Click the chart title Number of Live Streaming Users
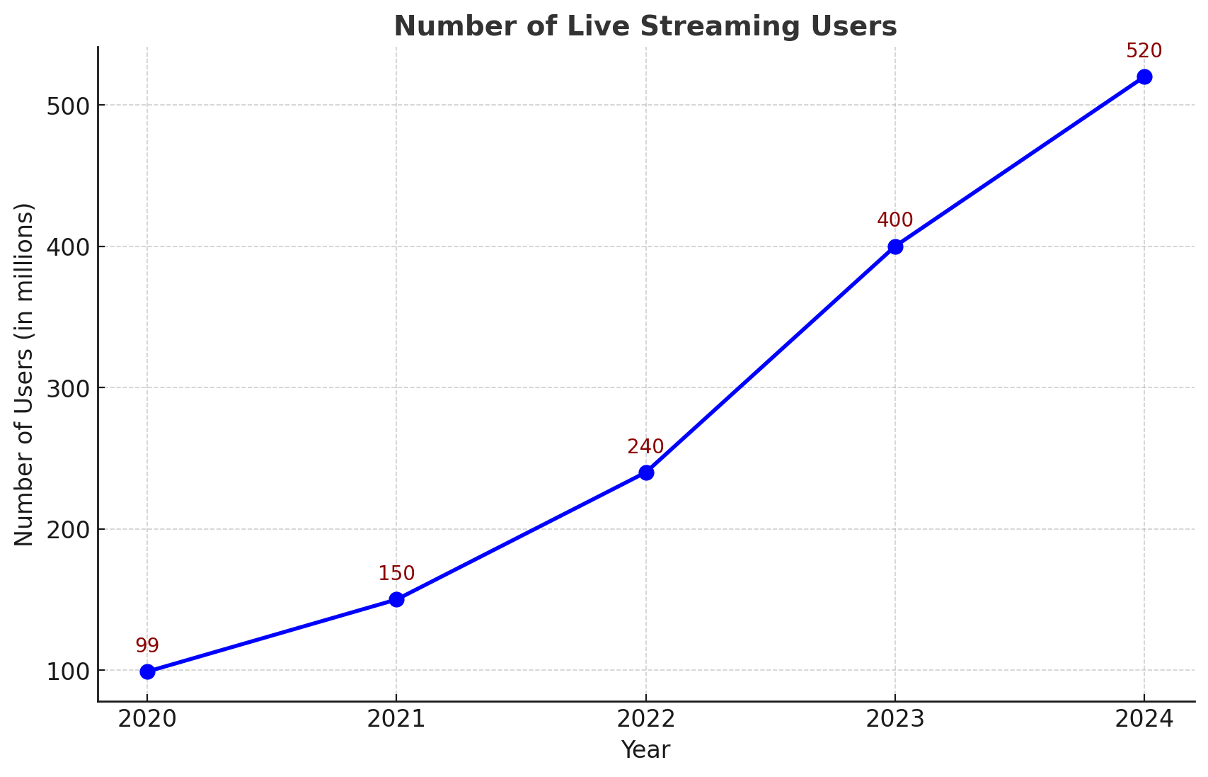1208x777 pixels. tap(645, 27)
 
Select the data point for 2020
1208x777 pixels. tap(147, 671)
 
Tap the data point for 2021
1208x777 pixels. tap(396, 599)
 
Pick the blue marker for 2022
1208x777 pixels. tap(646, 472)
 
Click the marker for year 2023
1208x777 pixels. tap(895, 246)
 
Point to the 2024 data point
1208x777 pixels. tap(1144, 76)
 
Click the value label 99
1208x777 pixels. tap(147, 646)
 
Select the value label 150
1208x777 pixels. tap(396, 574)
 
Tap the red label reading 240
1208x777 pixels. tap(645, 447)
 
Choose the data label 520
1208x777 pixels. tap(1144, 51)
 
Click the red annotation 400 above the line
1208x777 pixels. tap(895, 220)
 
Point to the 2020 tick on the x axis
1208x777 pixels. tap(147, 720)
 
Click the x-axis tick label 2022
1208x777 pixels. tap(645, 720)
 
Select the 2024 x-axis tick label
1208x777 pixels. tap(1144, 720)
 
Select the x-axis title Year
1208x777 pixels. tap(645, 750)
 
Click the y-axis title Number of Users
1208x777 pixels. tap(24, 374)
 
